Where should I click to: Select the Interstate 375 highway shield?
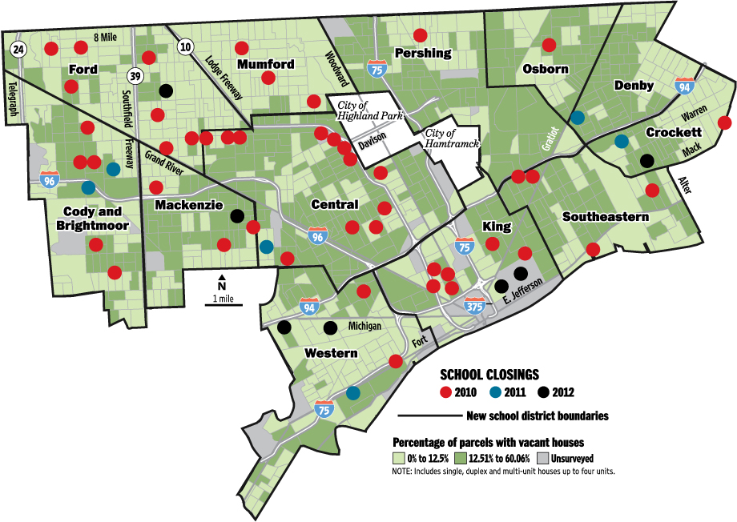[x=473, y=305]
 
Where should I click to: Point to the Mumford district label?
[x=265, y=64]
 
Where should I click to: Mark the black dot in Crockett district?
[x=646, y=160]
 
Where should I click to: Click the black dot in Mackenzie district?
[x=237, y=215]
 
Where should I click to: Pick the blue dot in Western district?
[x=353, y=393]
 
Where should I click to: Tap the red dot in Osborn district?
[x=549, y=45]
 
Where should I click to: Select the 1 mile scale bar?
[x=223, y=304]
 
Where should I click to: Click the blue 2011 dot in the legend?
[x=496, y=392]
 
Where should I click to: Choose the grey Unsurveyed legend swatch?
[x=542, y=459]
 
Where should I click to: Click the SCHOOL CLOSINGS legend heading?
[x=489, y=374]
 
